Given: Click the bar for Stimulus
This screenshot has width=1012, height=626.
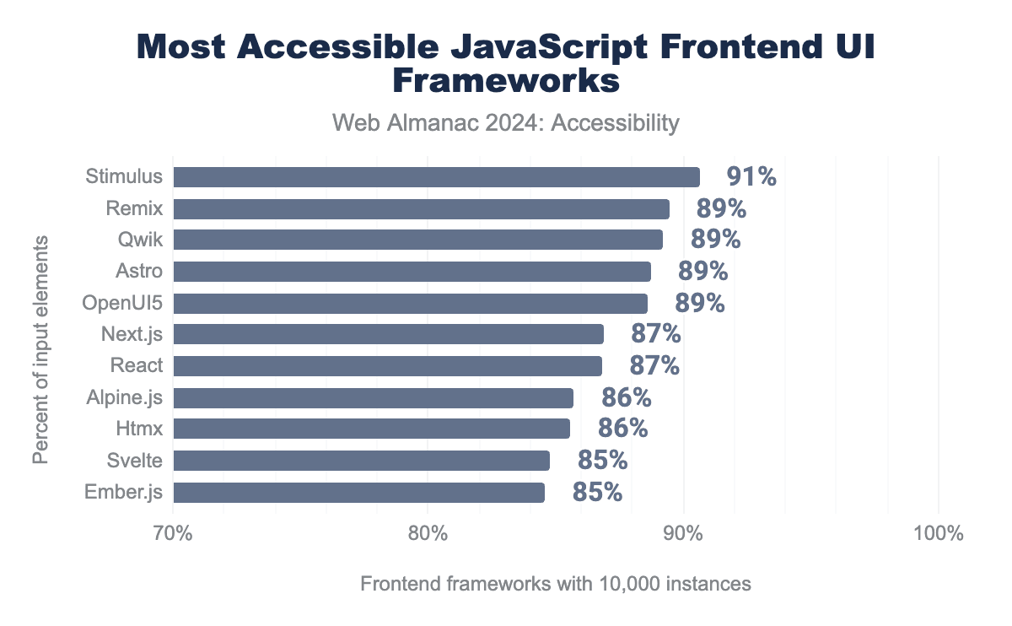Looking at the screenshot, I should click(436, 177).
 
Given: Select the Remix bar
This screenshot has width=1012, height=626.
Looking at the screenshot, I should click(421, 209).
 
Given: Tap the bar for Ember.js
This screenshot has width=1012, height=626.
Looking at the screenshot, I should click(358, 493).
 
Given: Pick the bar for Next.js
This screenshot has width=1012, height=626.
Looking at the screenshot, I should click(388, 334).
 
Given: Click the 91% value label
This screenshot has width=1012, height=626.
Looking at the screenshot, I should click(751, 176).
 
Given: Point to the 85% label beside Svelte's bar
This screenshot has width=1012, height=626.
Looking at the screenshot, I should click(602, 460).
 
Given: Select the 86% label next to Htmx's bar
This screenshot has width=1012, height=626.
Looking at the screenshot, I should click(622, 429).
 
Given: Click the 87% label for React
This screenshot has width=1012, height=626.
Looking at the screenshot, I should click(654, 365).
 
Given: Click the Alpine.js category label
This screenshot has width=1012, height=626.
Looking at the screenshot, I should click(124, 397).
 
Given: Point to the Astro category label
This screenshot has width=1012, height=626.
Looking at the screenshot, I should click(139, 272).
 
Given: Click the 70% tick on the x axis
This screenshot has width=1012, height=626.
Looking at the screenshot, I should click(173, 534).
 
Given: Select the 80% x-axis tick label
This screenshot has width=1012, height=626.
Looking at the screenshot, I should click(428, 534).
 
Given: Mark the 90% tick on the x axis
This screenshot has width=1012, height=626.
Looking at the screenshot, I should click(683, 534).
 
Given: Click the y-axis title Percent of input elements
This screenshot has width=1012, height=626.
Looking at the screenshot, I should click(40, 349).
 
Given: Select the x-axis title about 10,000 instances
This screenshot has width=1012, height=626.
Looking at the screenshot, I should click(555, 584).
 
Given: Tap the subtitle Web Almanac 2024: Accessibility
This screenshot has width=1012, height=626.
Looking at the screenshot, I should click(506, 123).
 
